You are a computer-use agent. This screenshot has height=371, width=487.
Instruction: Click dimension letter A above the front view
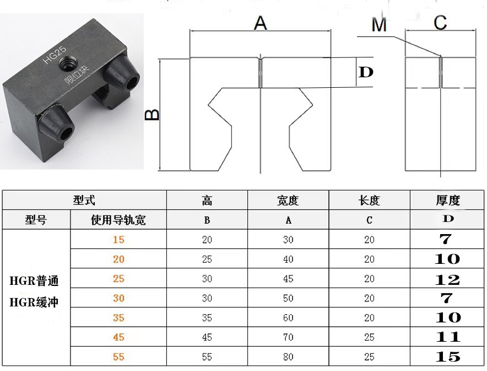tap(260, 23)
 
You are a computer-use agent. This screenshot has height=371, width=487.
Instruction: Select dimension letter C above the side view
tap(440, 23)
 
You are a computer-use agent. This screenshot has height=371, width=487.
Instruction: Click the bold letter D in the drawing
tap(366, 72)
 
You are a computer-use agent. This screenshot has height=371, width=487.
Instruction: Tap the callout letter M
tap(379, 25)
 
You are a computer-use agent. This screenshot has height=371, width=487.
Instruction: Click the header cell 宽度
tap(288, 200)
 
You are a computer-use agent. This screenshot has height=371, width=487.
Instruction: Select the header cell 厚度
tap(447, 200)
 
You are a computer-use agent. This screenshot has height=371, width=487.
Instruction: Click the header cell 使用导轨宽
tap(118, 220)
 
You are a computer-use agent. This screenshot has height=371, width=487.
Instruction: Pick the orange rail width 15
tap(118, 240)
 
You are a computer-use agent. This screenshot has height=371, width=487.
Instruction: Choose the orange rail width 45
tap(118, 337)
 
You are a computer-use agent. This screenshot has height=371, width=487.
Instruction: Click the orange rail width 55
tap(118, 357)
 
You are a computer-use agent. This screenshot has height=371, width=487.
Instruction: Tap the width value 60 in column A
tap(288, 318)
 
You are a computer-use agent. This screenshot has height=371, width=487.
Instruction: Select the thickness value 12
tap(447, 279)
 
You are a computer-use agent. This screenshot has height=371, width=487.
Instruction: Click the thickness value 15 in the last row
tap(447, 357)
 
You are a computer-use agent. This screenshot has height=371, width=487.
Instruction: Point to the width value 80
tap(288, 357)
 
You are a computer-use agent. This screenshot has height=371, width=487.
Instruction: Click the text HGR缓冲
tap(34, 302)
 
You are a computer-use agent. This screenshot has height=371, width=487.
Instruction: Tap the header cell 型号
tap(36, 220)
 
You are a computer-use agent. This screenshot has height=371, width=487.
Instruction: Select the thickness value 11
tap(447, 337)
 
